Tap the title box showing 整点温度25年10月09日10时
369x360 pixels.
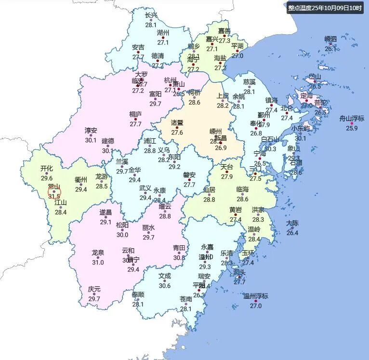[325, 8]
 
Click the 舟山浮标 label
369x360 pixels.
[352, 119]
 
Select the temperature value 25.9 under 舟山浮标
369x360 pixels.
[352, 128]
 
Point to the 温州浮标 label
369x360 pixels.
[255, 296]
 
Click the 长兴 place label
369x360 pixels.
[151, 15]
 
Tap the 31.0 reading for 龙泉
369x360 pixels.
[98, 262]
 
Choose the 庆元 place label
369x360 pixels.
[94, 289]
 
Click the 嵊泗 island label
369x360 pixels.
[330, 39]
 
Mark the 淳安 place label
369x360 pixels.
[91, 131]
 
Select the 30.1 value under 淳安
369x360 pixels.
[91, 140]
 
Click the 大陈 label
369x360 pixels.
[292, 223]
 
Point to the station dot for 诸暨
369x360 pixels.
[177, 128]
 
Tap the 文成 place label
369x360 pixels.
[165, 276]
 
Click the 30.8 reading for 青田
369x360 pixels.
[179, 258]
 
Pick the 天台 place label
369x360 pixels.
[227, 167]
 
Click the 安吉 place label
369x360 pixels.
[138, 47]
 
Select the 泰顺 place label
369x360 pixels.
[138, 294]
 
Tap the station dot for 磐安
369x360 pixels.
[189, 180]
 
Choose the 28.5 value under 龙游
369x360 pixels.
[102, 186]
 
